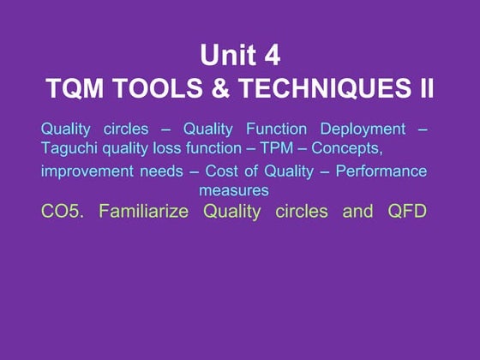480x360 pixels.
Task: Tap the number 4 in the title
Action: [x=271, y=56]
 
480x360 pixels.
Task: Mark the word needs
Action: [x=162, y=171]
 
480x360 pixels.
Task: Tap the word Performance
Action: [x=381, y=171]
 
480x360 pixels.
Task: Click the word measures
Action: [x=234, y=189]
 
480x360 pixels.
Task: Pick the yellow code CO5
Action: [x=62, y=211]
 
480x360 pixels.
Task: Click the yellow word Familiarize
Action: [x=144, y=211]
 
